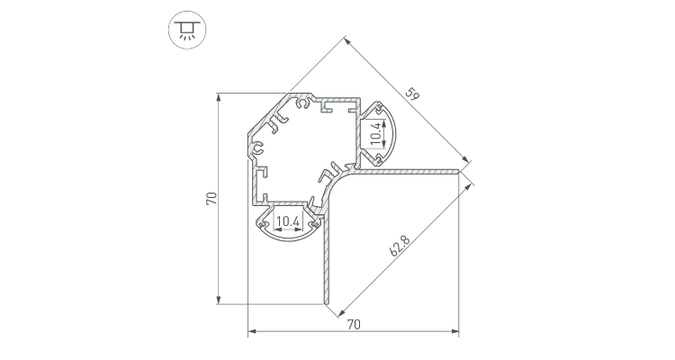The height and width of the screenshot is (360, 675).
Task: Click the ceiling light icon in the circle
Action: [x=187, y=29]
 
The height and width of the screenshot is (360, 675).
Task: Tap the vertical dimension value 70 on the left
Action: [x=209, y=199]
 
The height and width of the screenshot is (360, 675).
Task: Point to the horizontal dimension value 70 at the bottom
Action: [x=353, y=325]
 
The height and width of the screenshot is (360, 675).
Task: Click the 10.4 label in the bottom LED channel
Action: [x=288, y=220]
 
